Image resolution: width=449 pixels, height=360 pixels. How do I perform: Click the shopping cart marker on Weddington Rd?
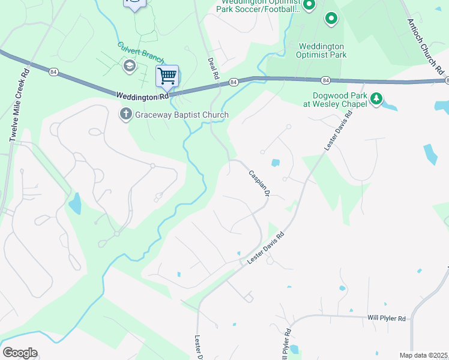click(x=167, y=77)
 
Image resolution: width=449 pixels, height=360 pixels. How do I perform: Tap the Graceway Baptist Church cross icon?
click(x=126, y=114)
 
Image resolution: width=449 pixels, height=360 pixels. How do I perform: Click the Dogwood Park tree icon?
click(x=376, y=98)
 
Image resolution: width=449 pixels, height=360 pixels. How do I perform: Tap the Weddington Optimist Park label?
click(x=321, y=50)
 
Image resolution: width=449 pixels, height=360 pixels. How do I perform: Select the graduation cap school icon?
click(x=128, y=65)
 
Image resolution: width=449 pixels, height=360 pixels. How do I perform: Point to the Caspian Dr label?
click(x=259, y=183)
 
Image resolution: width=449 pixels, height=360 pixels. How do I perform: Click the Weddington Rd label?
click(x=142, y=95)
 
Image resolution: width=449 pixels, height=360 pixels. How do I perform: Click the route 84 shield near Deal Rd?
click(x=234, y=81)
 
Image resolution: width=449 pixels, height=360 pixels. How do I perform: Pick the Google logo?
click(x=20, y=353)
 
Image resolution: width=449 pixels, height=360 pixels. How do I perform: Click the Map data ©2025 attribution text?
click(x=424, y=355)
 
